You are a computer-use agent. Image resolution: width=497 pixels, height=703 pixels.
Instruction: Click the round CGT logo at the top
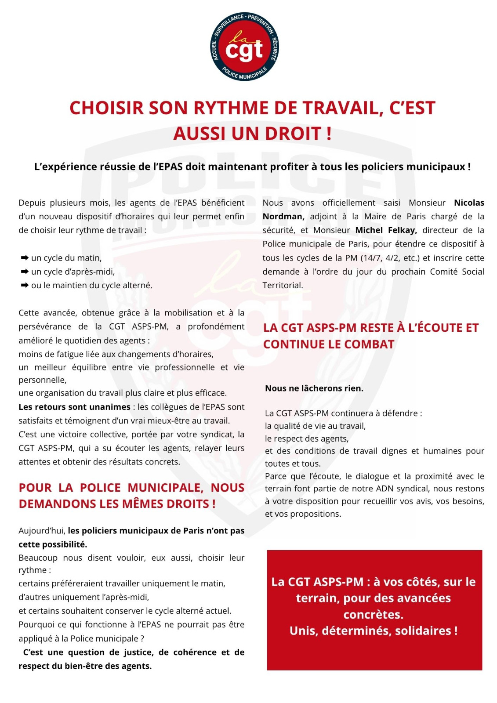(x=244, y=47)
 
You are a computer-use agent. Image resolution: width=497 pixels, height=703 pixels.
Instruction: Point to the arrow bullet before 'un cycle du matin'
(x=25, y=258)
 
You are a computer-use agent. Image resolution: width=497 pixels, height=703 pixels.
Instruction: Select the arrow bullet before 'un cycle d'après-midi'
(x=25, y=272)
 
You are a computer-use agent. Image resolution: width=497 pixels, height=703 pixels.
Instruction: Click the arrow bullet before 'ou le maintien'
(x=25, y=285)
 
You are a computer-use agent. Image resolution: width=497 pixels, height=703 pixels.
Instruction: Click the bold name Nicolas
(x=469, y=203)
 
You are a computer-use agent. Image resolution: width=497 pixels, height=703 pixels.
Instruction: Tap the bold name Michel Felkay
(x=386, y=230)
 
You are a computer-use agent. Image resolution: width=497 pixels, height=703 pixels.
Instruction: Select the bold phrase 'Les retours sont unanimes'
(x=74, y=407)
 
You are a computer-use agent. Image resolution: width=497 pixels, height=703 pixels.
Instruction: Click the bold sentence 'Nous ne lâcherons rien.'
(x=314, y=388)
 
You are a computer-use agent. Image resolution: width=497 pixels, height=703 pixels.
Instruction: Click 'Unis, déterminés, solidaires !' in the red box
(x=374, y=631)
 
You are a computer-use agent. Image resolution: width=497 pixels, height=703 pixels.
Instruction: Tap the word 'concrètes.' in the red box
(x=374, y=614)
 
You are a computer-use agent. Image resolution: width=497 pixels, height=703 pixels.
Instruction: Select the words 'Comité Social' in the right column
(x=457, y=272)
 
